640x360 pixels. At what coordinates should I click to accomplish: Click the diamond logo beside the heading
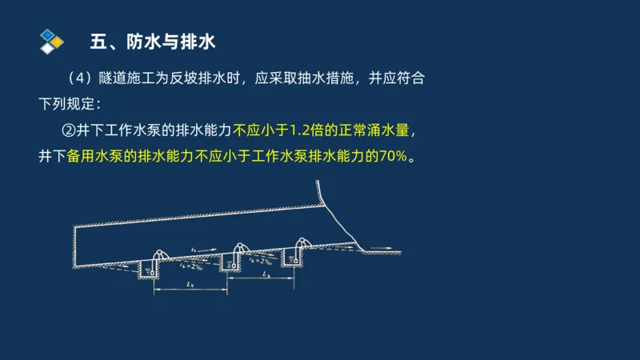(x=51, y=40)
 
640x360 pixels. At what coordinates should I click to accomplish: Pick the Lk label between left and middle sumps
(x=189, y=284)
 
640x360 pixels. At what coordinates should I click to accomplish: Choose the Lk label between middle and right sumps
(x=266, y=274)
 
